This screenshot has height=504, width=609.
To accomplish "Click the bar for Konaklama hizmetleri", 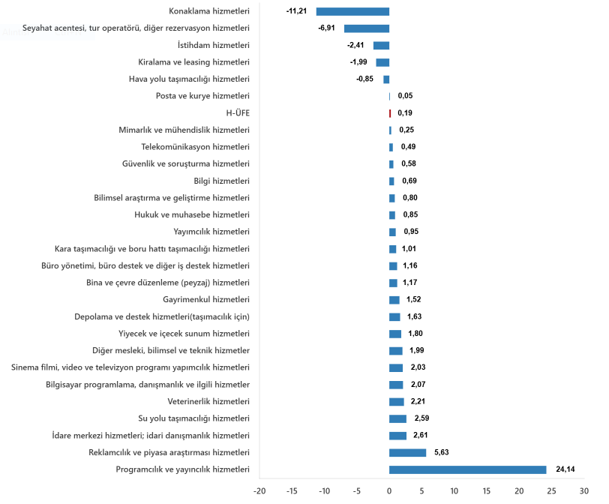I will (x=352, y=11).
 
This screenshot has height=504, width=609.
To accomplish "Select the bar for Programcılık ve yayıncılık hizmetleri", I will (x=467, y=469).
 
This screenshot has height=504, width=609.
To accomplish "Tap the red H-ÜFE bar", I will (x=390, y=113).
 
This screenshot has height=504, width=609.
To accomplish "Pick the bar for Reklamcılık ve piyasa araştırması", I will (x=407, y=452).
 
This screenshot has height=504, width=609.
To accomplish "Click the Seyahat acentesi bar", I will (x=367, y=28).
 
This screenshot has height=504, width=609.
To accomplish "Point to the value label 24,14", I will (x=565, y=469).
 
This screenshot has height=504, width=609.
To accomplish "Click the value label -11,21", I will (x=296, y=11).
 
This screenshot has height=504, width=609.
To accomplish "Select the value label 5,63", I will (x=439, y=452).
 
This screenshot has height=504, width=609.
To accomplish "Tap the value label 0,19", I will (x=405, y=113).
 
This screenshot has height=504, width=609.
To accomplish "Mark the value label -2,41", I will (x=356, y=45).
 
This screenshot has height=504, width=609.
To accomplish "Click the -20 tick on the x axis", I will (x=259, y=491).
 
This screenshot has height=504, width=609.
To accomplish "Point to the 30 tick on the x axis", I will (x=583, y=491).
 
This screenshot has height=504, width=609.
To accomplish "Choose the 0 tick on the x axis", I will (x=389, y=491).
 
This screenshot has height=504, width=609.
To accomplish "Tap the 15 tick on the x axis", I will (x=486, y=491).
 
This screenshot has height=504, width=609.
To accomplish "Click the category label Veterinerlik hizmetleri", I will (x=208, y=401).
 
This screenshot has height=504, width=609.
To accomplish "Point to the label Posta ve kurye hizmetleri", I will (x=202, y=96).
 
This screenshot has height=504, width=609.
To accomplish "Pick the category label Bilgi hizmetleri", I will (x=221, y=181).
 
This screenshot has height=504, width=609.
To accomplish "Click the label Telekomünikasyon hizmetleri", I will (x=195, y=147).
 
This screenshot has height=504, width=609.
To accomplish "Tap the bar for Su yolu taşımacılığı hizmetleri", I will (x=397, y=418).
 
